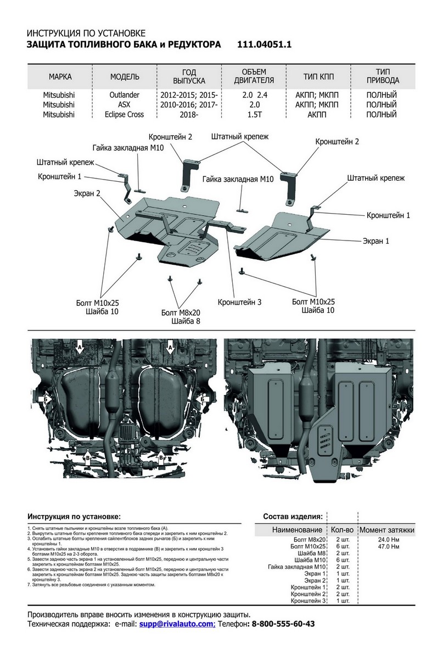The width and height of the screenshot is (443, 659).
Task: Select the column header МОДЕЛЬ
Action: [x=125, y=76]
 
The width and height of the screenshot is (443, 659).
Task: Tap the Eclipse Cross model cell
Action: [x=125, y=115]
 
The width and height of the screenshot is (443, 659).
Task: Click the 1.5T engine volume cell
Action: [x=254, y=115]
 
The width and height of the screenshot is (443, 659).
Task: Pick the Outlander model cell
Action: [x=125, y=95]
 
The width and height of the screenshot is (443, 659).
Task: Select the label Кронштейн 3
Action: [x=239, y=302]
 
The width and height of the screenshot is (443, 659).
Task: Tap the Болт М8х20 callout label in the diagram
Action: [x=181, y=312]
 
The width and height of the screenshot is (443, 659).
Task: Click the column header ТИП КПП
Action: [x=318, y=76]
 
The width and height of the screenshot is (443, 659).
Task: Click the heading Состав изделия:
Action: [x=293, y=517]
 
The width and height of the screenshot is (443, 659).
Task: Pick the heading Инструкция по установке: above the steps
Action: [x=74, y=517]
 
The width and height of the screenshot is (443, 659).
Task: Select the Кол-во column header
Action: [x=342, y=530]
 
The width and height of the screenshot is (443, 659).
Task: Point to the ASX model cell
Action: [x=125, y=105]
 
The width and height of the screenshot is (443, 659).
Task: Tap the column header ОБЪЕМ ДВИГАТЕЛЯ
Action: [x=254, y=76]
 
